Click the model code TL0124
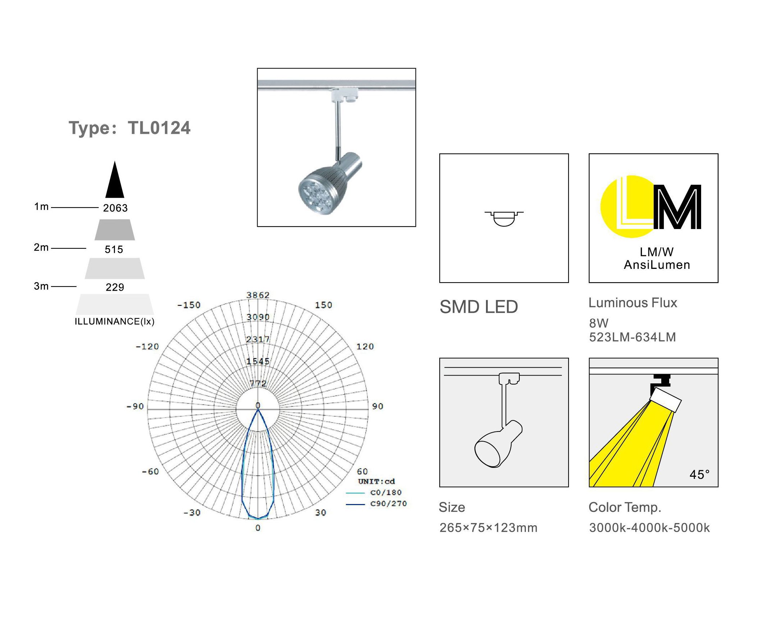159,128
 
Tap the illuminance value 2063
115,208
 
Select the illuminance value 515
114,249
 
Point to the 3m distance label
41,286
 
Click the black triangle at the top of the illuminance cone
115,180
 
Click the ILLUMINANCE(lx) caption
115,322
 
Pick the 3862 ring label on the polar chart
258,295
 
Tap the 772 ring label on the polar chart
258,384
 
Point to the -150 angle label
189,305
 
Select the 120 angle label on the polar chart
365,347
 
